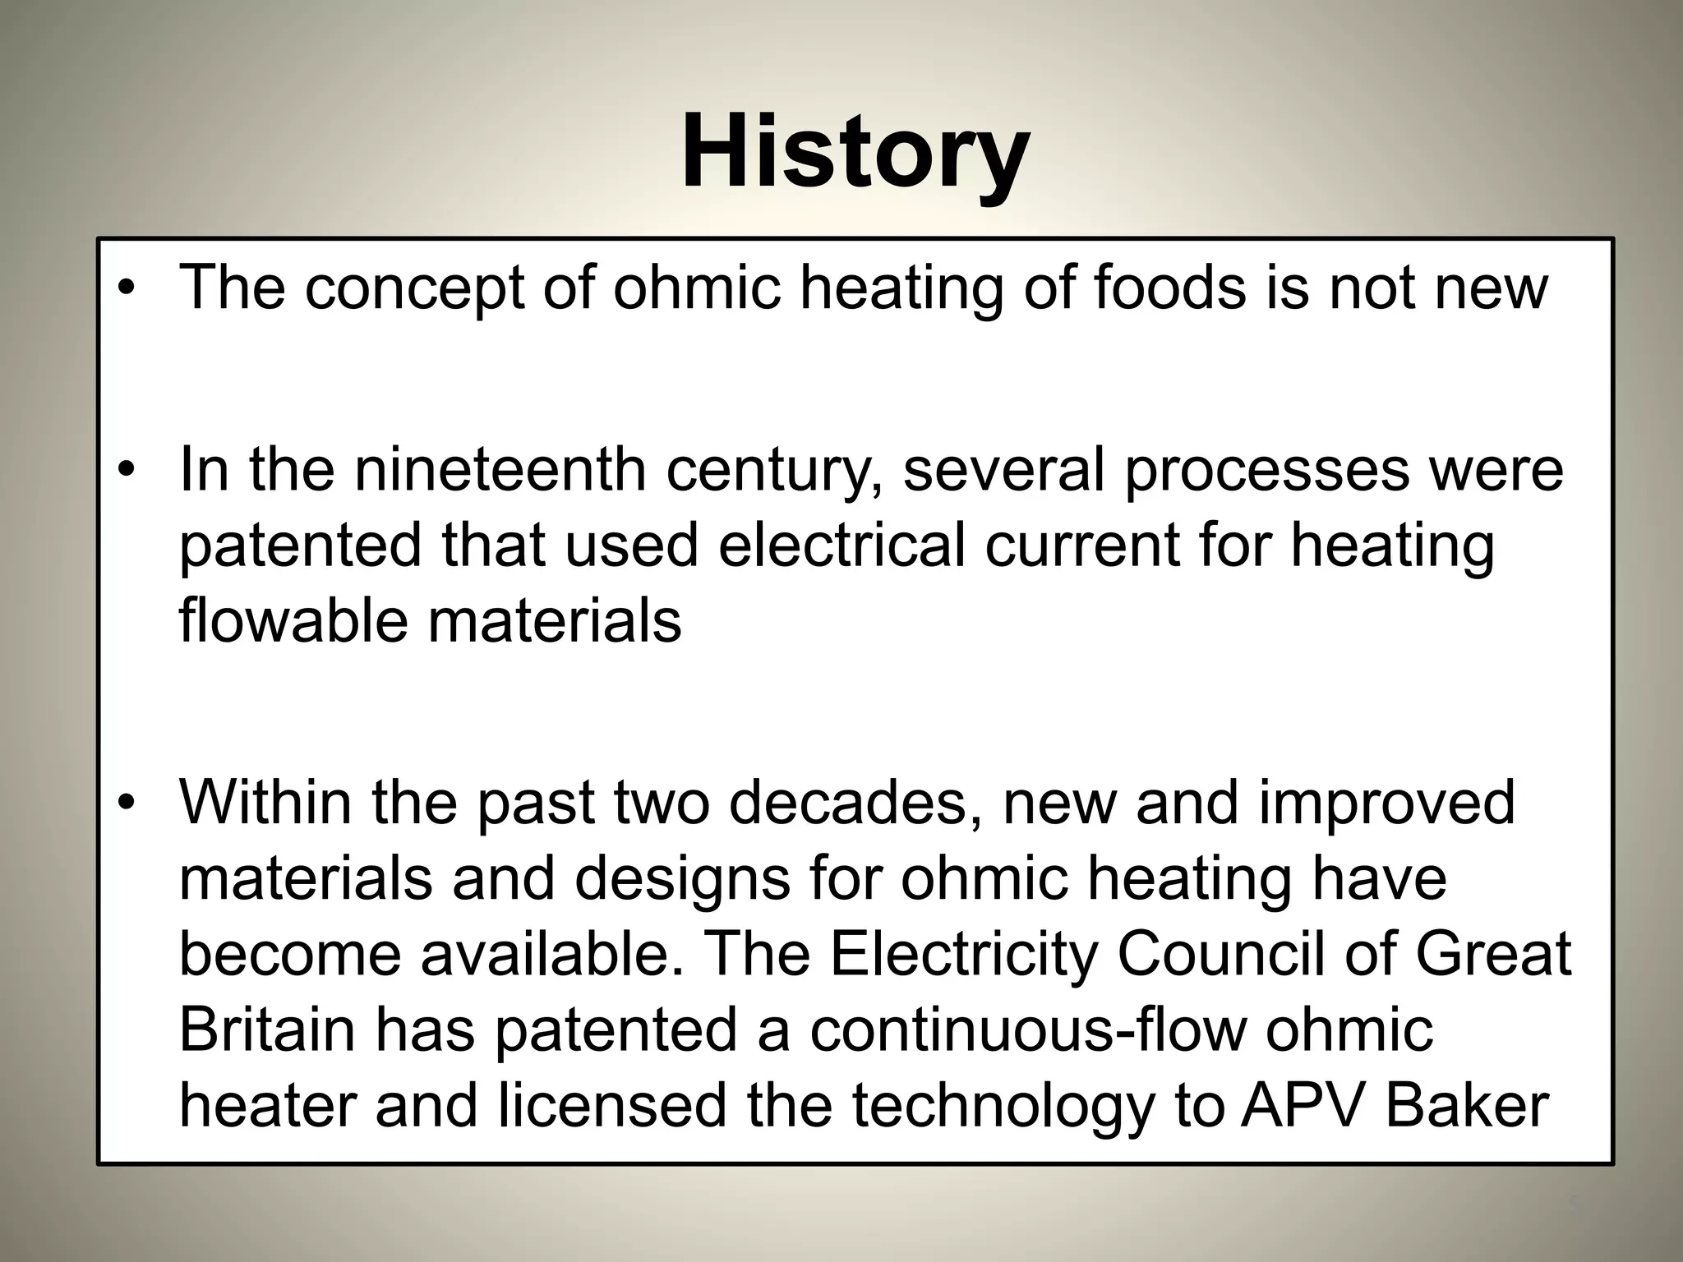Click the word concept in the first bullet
(414, 289)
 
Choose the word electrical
(841, 546)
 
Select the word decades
(858, 802)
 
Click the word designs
(681, 879)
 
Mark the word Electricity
(962, 955)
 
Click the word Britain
(267, 1029)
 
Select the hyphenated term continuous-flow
(1027, 1029)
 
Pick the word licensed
(611, 1106)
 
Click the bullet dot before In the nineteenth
(125, 471)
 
